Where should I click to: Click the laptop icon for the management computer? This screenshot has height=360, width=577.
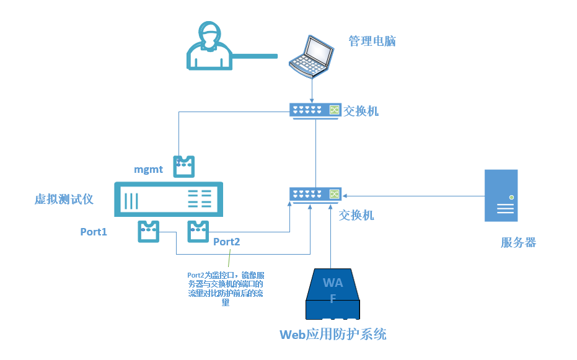point(312,56)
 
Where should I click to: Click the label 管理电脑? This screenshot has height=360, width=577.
point(372,42)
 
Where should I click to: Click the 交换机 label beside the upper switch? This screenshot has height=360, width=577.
point(361,111)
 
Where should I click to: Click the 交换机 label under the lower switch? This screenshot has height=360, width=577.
point(356,215)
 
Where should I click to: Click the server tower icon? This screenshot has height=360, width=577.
point(501,195)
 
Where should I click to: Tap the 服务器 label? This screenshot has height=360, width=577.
point(518,243)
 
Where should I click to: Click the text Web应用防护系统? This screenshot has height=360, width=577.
point(333,335)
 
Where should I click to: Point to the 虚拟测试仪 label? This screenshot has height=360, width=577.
point(63,199)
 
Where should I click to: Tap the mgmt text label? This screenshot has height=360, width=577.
point(149,169)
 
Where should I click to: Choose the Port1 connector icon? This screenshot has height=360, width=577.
point(149,230)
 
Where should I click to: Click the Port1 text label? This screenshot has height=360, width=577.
point(94,232)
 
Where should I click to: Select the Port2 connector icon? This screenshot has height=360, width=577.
point(198,230)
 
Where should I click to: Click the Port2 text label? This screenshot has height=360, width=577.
point(226,242)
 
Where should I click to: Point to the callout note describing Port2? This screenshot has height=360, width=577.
point(226,288)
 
